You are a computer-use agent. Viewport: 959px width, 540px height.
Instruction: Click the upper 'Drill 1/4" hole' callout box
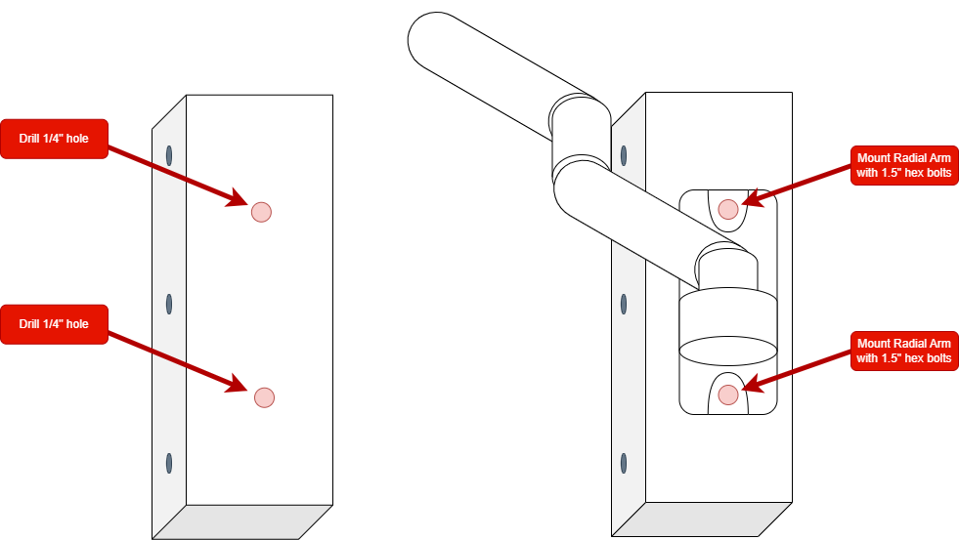(x=54, y=139)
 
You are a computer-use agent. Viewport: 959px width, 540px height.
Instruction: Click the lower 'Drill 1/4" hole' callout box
(x=54, y=324)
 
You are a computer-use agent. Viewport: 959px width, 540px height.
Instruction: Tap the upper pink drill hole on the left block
(x=261, y=212)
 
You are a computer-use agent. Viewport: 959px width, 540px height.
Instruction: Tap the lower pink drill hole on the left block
(x=264, y=397)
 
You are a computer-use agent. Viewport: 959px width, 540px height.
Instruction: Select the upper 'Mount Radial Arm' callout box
(x=903, y=165)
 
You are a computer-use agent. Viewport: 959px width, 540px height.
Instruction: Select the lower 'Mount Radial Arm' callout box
(x=903, y=351)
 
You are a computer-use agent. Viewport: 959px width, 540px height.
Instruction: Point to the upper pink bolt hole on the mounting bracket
(x=727, y=208)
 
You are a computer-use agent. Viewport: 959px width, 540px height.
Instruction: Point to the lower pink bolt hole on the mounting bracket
(x=727, y=394)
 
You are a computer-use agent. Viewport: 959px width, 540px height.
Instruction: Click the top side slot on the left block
(x=169, y=154)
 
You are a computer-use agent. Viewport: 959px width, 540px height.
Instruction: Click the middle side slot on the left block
(x=169, y=304)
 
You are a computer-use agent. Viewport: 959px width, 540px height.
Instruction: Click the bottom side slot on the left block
(x=169, y=463)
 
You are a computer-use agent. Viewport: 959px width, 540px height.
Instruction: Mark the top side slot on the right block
(x=625, y=154)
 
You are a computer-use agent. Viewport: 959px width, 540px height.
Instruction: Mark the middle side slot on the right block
(x=625, y=304)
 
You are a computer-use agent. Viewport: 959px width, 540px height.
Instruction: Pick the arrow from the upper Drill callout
(x=176, y=176)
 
